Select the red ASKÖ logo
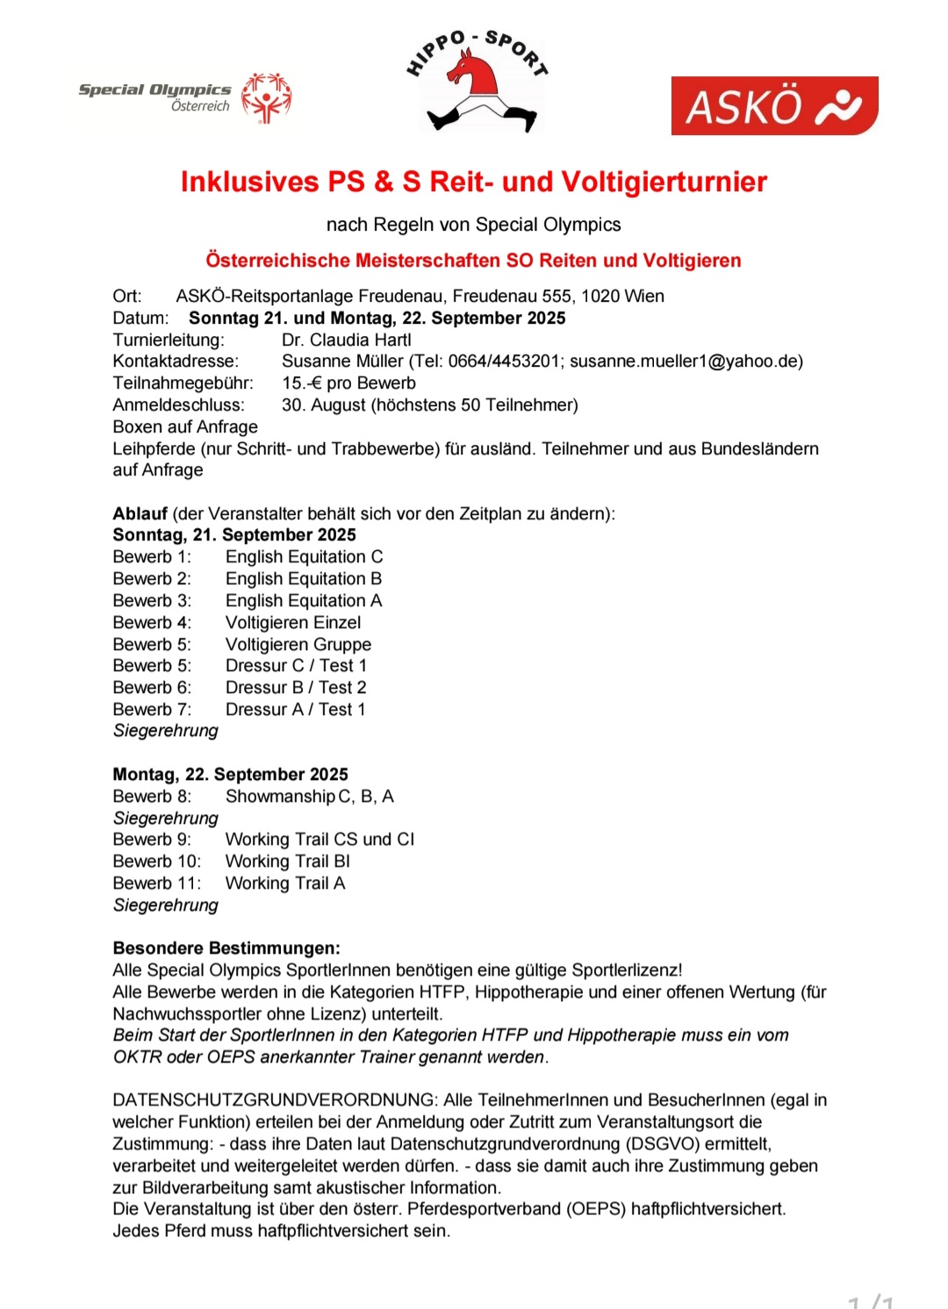pyautogui.click(x=774, y=106)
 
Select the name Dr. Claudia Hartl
pyautogui.click(x=346, y=340)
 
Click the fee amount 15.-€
pyautogui.click(x=302, y=383)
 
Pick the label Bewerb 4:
pyautogui.click(x=151, y=622)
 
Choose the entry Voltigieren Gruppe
pyautogui.click(x=298, y=644)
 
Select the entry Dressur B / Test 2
pyautogui.click(x=296, y=687)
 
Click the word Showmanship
pyautogui.click(x=280, y=796)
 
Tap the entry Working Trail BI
pyautogui.click(x=287, y=861)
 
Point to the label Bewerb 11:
pyautogui.click(x=156, y=883)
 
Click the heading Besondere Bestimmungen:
pyautogui.click(x=226, y=948)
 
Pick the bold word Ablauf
pyautogui.click(x=140, y=513)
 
